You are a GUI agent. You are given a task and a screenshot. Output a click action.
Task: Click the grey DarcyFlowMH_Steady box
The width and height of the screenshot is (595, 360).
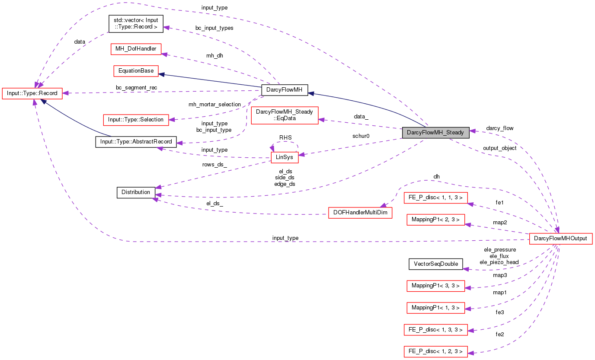pyautogui.click(x=435, y=133)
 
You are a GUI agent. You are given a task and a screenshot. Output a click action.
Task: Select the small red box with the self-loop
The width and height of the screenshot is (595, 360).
pyautogui.click(x=285, y=157)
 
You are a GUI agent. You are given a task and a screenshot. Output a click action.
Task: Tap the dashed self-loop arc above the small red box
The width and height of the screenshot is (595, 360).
pyautogui.click(x=285, y=142)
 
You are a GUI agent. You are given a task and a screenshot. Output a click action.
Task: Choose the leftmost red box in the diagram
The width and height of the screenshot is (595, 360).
pyautogui.click(x=32, y=93)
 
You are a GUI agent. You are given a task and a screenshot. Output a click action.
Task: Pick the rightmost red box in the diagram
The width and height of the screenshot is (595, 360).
pyautogui.click(x=561, y=239)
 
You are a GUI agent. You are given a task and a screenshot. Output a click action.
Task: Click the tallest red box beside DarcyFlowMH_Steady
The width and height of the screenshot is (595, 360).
pyautogui.click(x=285, y=115)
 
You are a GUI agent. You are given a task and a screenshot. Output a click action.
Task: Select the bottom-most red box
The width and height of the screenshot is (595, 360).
pyautogui.click(x=435, y=352)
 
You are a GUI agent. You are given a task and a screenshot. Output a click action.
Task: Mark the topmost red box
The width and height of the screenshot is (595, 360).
pyautogui.click(x=136, y=49)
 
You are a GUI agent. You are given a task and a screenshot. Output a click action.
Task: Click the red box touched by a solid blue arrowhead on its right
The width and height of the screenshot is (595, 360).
pyautogui.click(x=136, y=71)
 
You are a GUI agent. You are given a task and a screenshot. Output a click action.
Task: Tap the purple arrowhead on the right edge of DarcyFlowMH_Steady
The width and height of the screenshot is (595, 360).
pyautogui.click(x=473, y=131)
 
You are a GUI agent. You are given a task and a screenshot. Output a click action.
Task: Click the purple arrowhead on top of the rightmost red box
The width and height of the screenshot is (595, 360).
pyautogui.click(x=557, y=230)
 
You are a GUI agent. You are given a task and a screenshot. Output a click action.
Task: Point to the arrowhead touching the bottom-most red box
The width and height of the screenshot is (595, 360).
pyautogui.click(x=471, y=353)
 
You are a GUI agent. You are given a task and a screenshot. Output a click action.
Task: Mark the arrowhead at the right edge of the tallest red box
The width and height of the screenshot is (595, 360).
pyautogui.click(x=321, y=120)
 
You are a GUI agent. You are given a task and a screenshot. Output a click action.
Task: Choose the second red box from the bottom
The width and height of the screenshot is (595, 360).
pyautogui.click(x=435, y=330)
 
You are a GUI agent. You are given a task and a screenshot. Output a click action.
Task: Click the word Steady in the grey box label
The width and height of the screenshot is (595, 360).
pyautogui.click(x=455, y=133)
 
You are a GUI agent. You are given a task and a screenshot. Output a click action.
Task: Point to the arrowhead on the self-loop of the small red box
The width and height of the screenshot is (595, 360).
pyautogui.click(x=272, y=149)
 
